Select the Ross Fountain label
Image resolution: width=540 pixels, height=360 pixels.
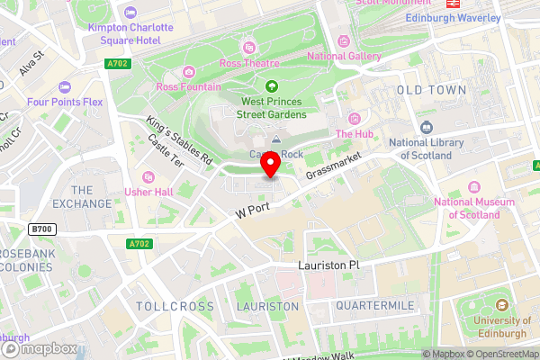187,86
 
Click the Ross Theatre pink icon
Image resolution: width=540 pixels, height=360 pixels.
249,47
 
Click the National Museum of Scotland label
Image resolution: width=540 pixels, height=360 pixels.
467,208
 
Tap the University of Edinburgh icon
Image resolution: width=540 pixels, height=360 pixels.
496,304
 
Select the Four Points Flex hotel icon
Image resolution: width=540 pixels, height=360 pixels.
64,87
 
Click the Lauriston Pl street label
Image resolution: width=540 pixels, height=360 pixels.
328,266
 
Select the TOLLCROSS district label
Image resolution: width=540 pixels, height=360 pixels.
175,307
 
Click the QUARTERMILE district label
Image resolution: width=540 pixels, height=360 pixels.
374,306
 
